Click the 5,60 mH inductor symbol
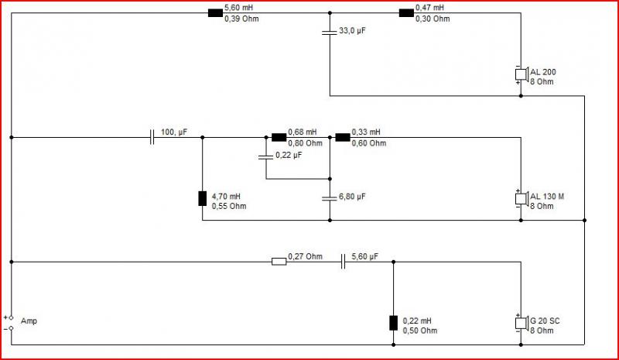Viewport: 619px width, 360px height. pos(215,13)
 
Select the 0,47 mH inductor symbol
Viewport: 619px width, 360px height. pos(406,13)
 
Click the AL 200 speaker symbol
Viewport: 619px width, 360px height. pos(522,74)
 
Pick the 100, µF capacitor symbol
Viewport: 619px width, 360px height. pos(152,138)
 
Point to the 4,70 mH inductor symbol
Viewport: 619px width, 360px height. pos(203,198)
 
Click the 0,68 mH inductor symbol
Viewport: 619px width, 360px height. pos(279,138)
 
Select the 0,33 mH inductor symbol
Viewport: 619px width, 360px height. pos(343,138)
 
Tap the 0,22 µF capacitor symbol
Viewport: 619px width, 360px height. pos(265,157)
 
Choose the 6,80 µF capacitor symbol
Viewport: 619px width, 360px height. pos(330,198)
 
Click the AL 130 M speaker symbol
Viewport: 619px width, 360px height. pos(522,198)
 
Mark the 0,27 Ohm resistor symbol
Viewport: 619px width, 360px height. pos(279,262)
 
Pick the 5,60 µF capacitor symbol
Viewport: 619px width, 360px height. pos(343,262)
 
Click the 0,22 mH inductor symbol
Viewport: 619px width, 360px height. pos(394,323)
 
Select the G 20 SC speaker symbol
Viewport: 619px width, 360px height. pos(522,323)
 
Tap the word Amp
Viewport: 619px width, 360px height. pos(29,321)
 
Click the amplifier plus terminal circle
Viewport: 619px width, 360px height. pos(11,317)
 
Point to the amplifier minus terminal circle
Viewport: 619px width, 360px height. pos(11,328)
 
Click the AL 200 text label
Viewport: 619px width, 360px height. pos(543,72)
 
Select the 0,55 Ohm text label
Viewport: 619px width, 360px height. pos(229,206)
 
